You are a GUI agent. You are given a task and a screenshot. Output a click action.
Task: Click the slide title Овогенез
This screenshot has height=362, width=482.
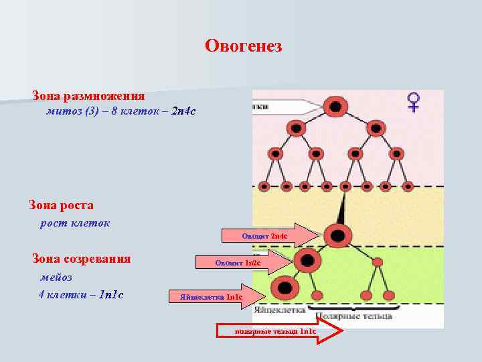coord(244,46)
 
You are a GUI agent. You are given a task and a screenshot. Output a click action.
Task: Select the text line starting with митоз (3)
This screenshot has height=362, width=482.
coord(120,111)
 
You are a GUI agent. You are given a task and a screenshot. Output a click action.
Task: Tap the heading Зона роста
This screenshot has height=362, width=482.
coord(61,205)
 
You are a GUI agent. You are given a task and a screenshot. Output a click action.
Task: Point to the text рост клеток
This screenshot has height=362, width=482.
coord(75,223)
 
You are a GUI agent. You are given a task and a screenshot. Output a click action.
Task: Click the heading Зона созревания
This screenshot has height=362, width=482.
coord(82,259)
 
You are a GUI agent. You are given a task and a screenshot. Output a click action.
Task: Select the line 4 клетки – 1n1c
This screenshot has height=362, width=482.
coord(82,294)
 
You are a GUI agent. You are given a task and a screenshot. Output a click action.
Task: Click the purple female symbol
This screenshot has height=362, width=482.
coord(414,102)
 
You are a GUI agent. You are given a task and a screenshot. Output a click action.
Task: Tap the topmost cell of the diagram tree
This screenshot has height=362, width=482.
coord(335,106)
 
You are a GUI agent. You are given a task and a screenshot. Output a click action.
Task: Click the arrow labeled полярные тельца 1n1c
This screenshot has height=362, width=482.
coord(278,331)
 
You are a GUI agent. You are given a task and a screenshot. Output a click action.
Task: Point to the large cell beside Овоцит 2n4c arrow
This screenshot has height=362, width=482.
coord(337,235)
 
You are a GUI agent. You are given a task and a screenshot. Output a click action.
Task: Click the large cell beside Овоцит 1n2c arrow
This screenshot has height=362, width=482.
coord(308,260)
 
